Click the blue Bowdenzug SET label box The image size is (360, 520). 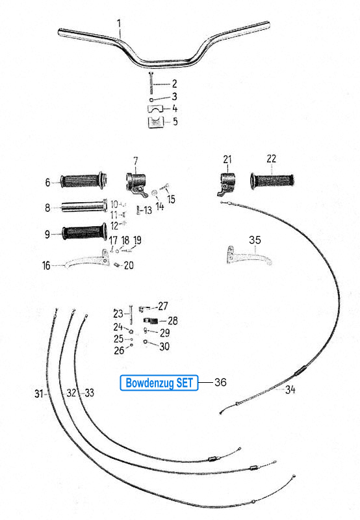(x=159, y=383)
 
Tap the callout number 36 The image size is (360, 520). (x=220, y=382)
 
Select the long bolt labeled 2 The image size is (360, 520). (x=151, y=83)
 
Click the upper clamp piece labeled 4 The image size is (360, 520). (x=156, y=109)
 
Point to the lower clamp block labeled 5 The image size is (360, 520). (x=156, y=122)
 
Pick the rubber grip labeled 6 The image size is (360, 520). (x=83, y=181)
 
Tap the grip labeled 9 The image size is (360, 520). (x=84, y=232)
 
